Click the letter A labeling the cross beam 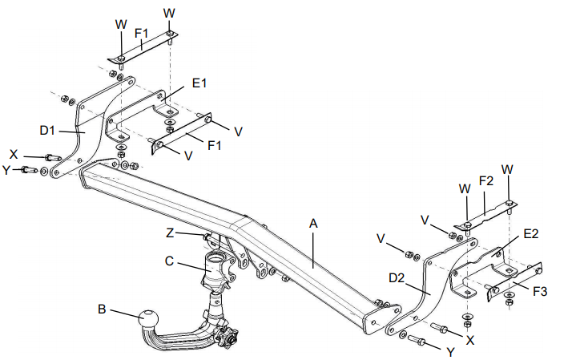(314, 225)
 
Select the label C (170, 260)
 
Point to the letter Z (169, 233)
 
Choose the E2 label (533, 234)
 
